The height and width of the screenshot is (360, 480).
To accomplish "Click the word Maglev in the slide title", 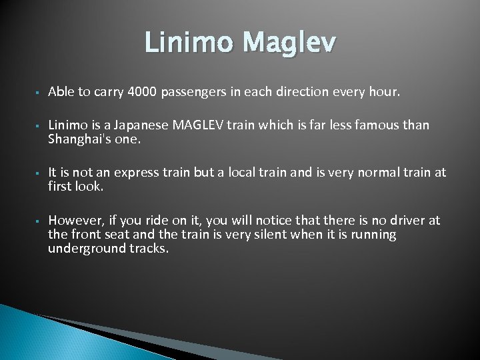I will pyautogui.click(x=290, y=45).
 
